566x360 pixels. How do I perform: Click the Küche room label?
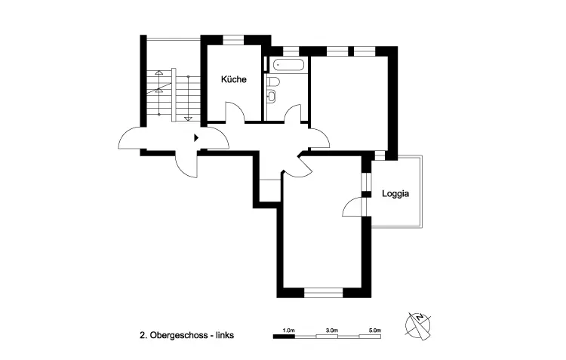[233, 79]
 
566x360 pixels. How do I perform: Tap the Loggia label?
[395, 194]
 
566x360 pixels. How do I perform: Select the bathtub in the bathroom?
[288, 66]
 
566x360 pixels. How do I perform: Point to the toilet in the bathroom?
[273, 82]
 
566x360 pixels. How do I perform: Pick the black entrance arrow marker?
[196, 137]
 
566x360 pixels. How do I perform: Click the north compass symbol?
[418, 326]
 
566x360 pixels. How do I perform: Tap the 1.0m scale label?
[288, 330]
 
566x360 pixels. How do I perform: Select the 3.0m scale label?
[332, 330]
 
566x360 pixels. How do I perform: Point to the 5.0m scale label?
[375, 330]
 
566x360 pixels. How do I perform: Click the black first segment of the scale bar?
[284, 337]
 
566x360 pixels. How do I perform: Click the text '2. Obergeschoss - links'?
[186, 335]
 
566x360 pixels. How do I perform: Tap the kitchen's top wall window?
[233, 40]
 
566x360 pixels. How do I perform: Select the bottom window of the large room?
[323, 293]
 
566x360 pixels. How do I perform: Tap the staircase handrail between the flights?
[174, 95]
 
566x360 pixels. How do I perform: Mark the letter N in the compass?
[420, 318]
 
